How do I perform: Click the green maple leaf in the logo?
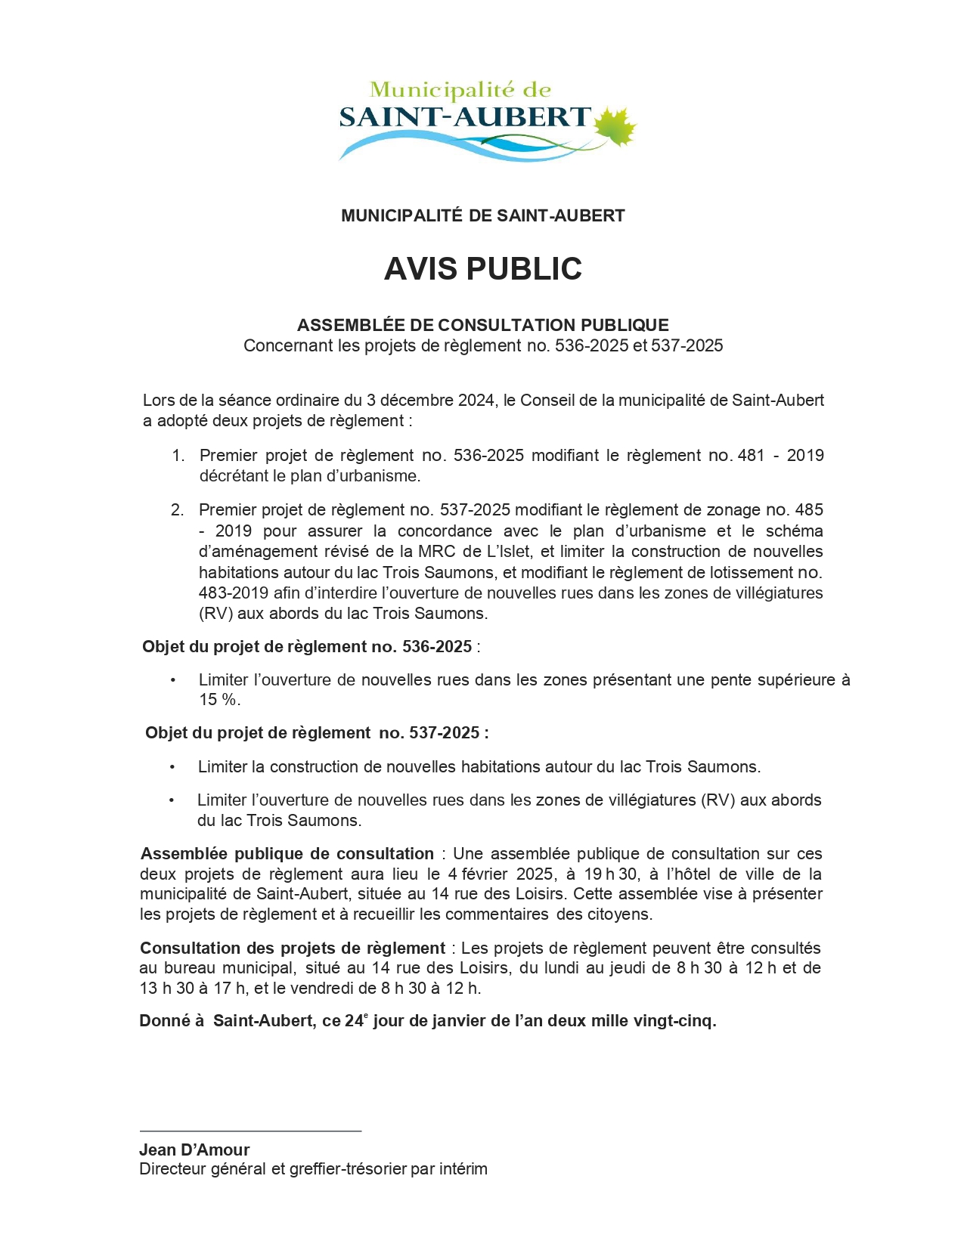coord(615,126)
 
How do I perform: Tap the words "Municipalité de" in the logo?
coord(460,91)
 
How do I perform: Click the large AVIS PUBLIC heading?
coord(482,269)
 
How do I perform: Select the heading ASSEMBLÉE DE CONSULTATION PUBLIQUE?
coord(482,326)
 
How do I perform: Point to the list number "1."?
coord(178,456)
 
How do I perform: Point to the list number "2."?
coord(178,510)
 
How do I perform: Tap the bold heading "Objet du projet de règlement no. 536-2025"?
coord(307,647)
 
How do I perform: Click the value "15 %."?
coord(219,700)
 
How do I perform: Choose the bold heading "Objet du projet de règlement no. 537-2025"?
coord(316,733)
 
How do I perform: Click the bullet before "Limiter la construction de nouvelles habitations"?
coord(172,767)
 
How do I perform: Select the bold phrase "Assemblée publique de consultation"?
coord(287,854)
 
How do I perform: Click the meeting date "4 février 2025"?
coord(501,874)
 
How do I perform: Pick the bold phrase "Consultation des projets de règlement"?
coord(293,948)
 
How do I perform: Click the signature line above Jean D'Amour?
coord(250,1131)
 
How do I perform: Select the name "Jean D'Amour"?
coord(194,1150)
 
